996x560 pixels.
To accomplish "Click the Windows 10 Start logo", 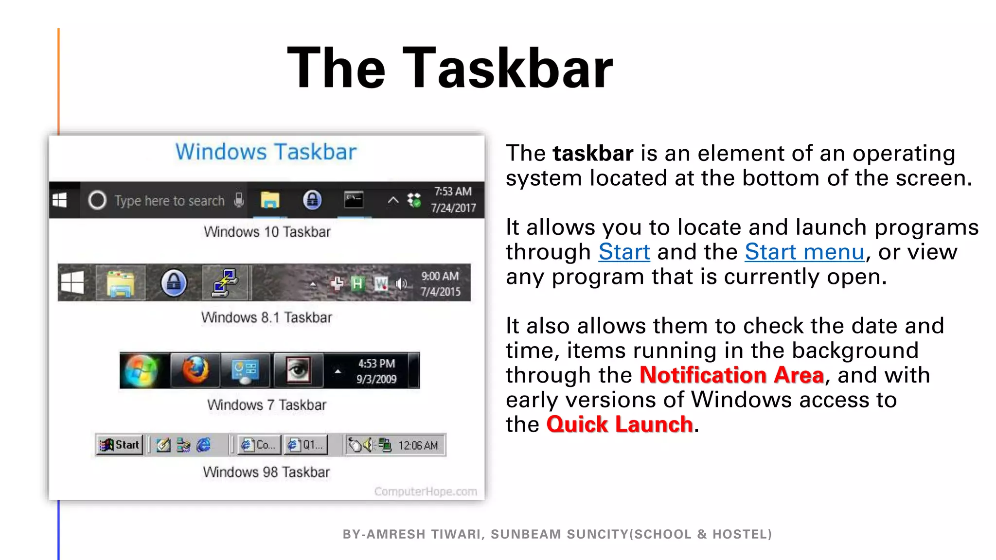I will [60, 200].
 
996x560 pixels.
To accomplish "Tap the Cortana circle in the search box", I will [97, 200].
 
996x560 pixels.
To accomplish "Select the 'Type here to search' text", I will [169, 201].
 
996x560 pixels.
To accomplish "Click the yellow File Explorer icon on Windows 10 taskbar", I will [270, 200].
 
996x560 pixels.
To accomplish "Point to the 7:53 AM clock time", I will [453, 192].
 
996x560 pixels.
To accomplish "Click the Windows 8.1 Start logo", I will [72, 282].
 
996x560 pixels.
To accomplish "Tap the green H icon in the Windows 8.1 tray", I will [357, 283].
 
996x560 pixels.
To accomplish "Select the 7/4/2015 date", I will [440, 292].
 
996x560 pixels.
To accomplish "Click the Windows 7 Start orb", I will [141, 370].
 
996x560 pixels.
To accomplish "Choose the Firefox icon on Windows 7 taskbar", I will [196, 370].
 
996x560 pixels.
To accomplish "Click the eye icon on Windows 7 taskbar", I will [298, 370].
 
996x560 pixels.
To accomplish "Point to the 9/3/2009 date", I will [376, 379].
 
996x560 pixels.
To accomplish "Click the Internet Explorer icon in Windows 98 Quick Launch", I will [204, 445].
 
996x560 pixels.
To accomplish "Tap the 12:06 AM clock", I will [418, 445].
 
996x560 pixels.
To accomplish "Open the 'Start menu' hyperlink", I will [804, 252].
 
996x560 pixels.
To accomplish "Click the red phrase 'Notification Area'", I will [731, 375].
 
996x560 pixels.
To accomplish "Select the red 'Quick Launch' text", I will [620, 424].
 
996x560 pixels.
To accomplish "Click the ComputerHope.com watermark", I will [426, 491].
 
